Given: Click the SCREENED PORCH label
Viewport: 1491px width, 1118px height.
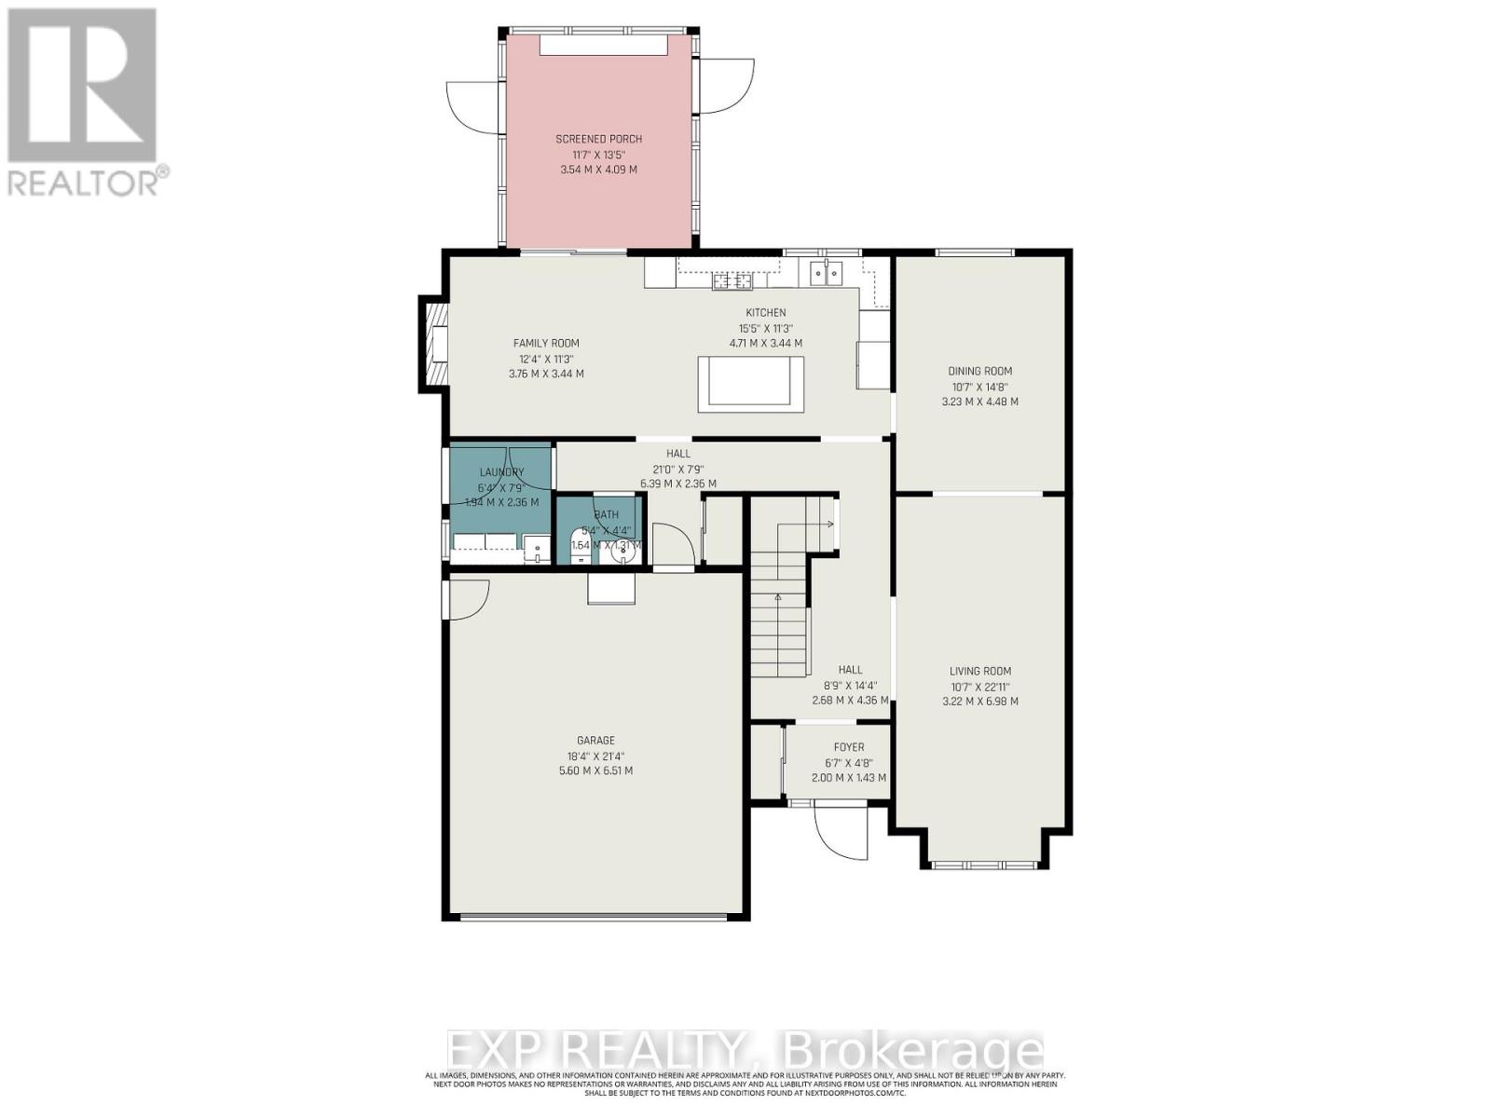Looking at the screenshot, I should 599,139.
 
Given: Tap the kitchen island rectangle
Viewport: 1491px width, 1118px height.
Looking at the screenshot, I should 750,383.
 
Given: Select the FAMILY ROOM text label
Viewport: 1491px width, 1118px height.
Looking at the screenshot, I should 546,344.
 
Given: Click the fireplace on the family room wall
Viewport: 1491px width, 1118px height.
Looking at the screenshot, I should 434,344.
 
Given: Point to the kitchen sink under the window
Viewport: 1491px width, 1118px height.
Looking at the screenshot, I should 826,272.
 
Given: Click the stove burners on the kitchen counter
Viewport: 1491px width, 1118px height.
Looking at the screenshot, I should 732,280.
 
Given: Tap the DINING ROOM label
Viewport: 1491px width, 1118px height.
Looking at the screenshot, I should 979,371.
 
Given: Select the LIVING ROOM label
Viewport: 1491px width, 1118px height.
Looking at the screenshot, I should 979,671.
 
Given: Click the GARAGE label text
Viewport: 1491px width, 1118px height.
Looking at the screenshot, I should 595,741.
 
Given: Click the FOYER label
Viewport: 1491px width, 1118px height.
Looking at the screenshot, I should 848,747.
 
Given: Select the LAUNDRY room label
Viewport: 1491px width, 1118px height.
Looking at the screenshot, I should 501,472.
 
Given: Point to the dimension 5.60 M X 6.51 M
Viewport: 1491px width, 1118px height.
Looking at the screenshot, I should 595,771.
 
